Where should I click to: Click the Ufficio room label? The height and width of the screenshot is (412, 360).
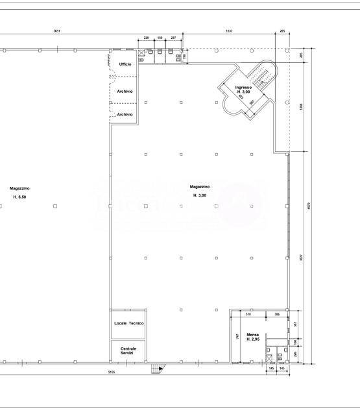[125, 64]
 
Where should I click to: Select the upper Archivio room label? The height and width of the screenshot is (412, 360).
[125, 91]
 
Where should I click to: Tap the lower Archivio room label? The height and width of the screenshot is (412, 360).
[125, 115]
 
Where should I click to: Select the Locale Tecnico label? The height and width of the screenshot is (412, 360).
[128, 323]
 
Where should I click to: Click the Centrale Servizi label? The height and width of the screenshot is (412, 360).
[128, 350]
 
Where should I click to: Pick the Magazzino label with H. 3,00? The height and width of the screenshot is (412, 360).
[199, 191]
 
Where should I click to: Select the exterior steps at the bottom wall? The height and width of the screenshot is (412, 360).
[156, 369]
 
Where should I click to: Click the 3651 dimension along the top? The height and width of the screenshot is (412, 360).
[56, 30]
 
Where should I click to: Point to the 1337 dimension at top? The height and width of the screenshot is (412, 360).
[230, 30]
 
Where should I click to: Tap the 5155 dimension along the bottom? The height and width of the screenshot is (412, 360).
[112, 372]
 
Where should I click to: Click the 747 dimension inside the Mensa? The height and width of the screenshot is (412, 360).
[237, 336]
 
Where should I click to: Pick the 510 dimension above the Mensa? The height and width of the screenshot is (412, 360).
[248, 314]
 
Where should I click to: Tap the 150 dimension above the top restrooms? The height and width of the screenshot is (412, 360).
[160, 38]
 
